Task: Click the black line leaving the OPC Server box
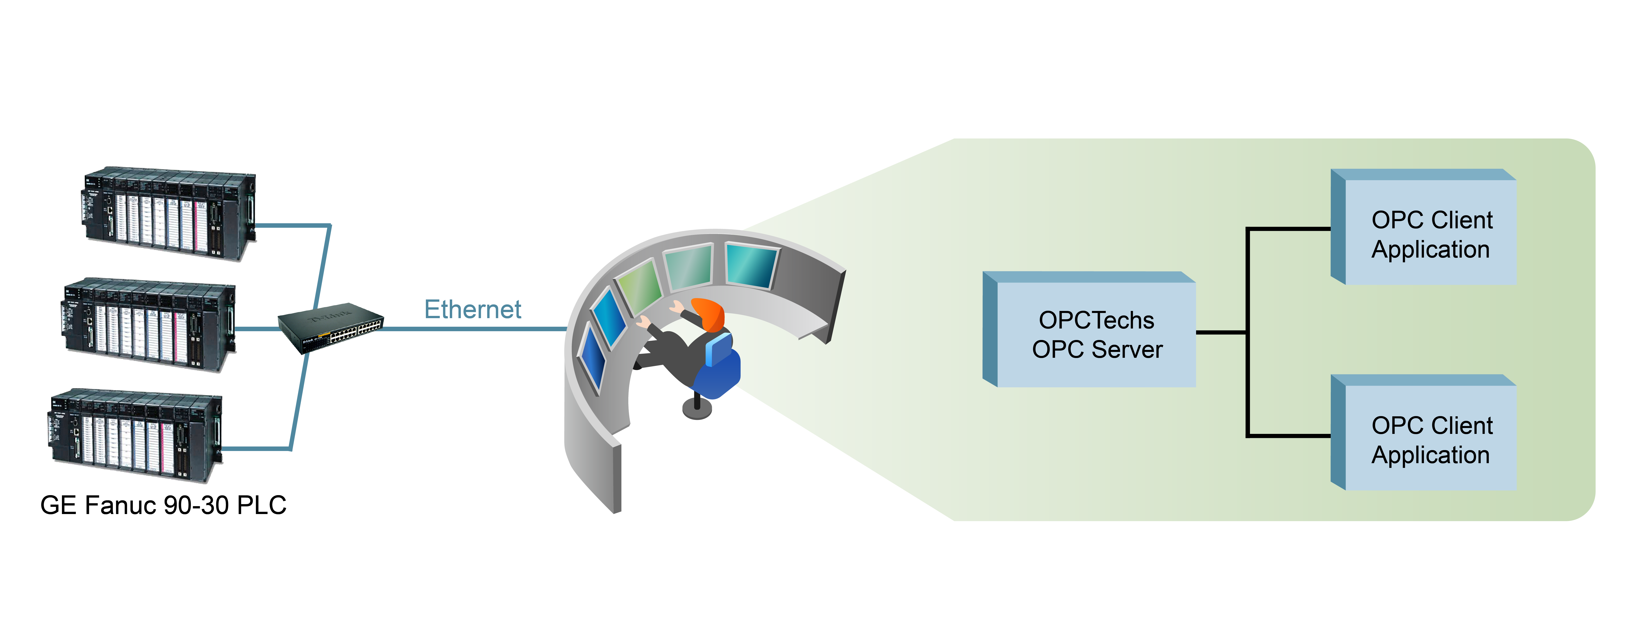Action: click(1221, 332)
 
